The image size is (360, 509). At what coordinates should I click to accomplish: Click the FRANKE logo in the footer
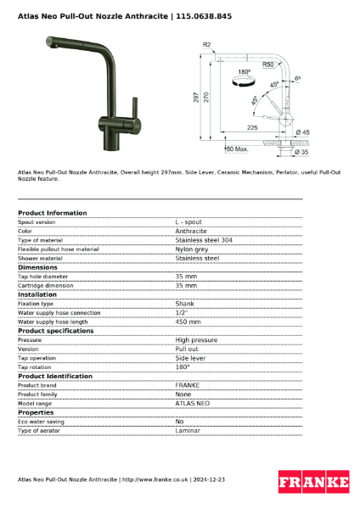coord(313,482)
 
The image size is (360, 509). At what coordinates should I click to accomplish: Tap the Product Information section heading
coord(52,213)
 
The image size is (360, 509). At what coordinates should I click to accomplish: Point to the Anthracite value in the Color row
coord(191,231)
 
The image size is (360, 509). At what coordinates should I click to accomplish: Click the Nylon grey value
coord(192,249)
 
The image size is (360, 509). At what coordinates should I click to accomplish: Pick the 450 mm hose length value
coord(188,322)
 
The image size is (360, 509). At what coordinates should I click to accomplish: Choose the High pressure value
coord(196,340)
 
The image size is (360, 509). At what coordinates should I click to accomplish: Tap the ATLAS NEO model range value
coord(192,404)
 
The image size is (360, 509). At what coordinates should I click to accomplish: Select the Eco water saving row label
coord(42,422)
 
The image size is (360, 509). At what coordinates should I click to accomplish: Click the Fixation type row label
coord(36,304)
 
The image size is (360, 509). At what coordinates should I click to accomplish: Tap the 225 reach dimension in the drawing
coord(251,127)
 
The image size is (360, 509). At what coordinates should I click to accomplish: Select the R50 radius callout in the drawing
coord(267,64)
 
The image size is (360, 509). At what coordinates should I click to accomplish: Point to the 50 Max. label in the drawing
coord(237,149)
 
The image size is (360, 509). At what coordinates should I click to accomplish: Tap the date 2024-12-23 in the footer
coord(209,480)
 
